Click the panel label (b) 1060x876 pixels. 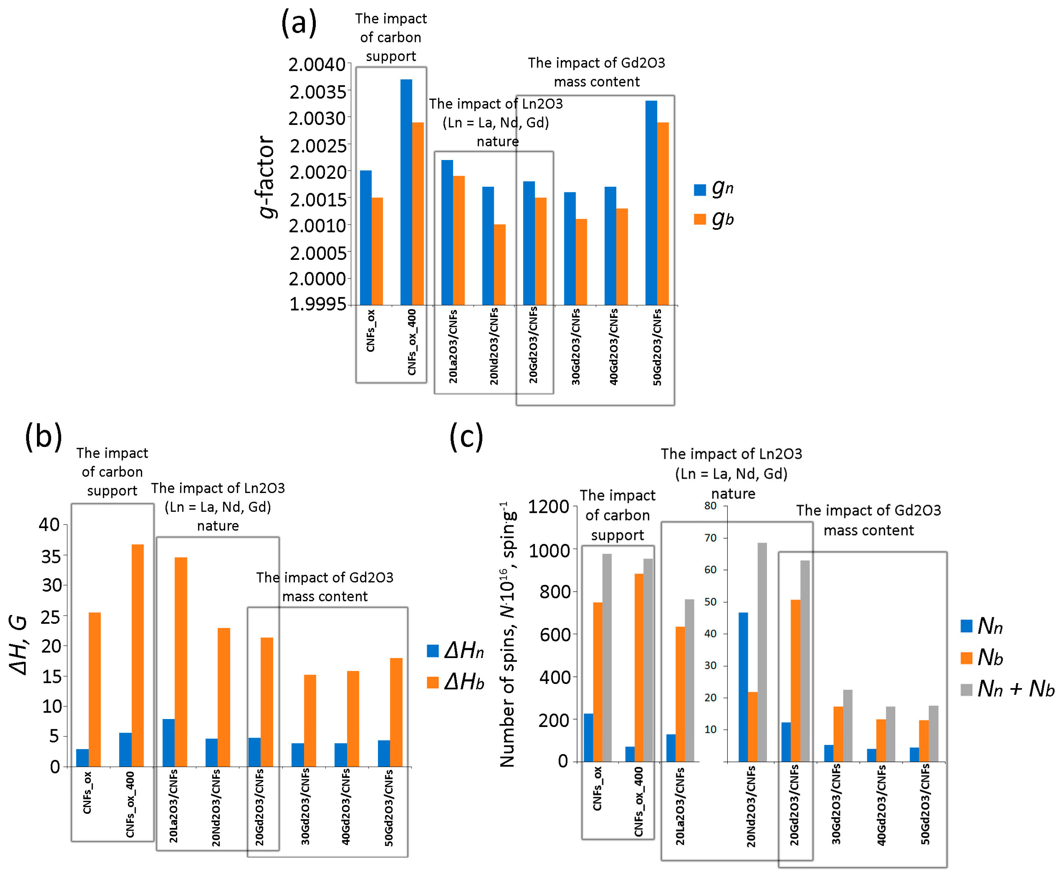pyautogui.click(x=43, y=437)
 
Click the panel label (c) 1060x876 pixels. pyautogui.click(x=466, y=437)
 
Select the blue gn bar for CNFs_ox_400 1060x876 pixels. pyautogui.click(x=406, y=192)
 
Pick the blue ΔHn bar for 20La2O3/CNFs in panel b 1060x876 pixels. pyautogui.click(x=168, y=742)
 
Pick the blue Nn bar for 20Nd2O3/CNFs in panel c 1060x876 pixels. pyautogui.click(x=743, y=687)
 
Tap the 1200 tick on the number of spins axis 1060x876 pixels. pyautogui.click(x=548, y=507)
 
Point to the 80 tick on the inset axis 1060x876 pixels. pyautogui.click(x=710, y=506)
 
